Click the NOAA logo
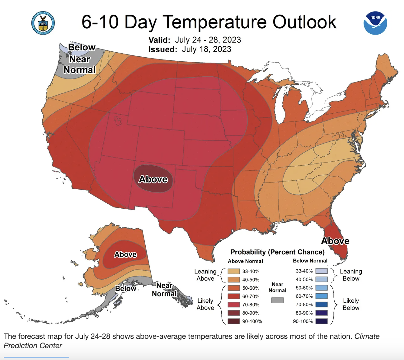(x=375, y=23)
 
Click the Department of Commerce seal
(x=43, y=23)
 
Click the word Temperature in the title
(x=214, y=22)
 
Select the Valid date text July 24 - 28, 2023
(x=208, y=40)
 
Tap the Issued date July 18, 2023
(x=206, y=49)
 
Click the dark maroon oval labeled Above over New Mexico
(x=153, y=179)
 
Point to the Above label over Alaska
(x=125, y=254)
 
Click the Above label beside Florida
(x=335, y=241)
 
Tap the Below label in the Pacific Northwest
(x=82, y=47)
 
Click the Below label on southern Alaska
(x=125, y=288)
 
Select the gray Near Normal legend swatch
(x=277, y=300)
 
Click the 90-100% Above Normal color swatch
(x=233, y=321)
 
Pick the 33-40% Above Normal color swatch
(x=233, y=271)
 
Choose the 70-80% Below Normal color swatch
(x=322, y=305)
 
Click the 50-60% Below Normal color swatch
(x=322, y=288)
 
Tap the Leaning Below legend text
(x=351, y=275)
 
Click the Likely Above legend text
(x=205, y=304)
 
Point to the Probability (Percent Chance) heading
(x=277, y=252)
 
